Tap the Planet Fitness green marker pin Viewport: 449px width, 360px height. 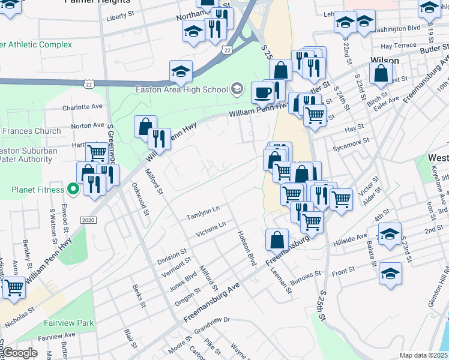pyautogui.click(x=73, y=190)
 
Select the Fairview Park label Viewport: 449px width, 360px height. pyautogui.click(x=68, y=323)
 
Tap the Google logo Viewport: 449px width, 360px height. pyautogui.click(x=20, y=353)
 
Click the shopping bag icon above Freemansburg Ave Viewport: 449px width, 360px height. pyautogui.click(x=277, y=239)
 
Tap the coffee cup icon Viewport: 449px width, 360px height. pyautogui.click(x=262, y=92)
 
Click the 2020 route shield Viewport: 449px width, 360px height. pyautogui.click(x=88, y=220)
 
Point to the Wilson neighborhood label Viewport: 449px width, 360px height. pyautogui.click(x=385, y=60)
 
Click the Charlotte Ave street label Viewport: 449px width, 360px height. pyautogui.click(x=83, y=107)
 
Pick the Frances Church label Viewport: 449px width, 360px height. pyautogui.click(x=31, y=131)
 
